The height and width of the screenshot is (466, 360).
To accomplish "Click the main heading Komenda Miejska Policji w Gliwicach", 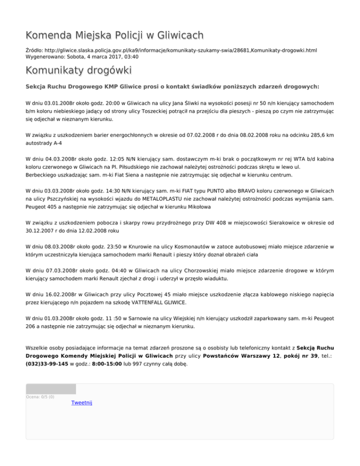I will tap(115, 35).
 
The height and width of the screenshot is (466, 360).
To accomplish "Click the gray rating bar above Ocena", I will tap(51, 389).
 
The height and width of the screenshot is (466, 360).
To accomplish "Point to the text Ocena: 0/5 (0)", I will tap(40, 397).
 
